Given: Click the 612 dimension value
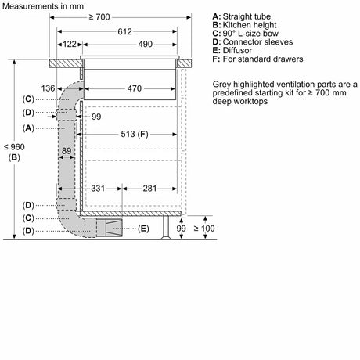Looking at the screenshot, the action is [x=124, y=31].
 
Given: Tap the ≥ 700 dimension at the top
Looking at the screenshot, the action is [x=99, y=17].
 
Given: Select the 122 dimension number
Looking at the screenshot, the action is [x=70, y=44].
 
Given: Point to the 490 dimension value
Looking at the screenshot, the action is [x=145, y=44].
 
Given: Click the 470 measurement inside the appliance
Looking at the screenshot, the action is [x=135, y=88].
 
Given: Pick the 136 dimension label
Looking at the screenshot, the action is [x=48, y=88].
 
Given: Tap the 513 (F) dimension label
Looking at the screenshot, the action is [x=135, y=134].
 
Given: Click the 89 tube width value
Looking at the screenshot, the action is [x=67, y=151].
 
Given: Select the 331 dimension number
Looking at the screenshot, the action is [x=98, y=189].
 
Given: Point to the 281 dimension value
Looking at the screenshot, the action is [x=149, y=189].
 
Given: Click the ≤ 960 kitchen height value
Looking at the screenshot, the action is [x=14, y=147].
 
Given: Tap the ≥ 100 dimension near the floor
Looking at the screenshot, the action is [x=204, y=229].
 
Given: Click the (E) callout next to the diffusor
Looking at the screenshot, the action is [x=143, y=229].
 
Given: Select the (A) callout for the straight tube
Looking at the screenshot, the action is [x=28, y=128].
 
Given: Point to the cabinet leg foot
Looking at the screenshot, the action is [x=166, y=237].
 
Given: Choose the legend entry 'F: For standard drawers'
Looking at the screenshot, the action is [x=257, y=59].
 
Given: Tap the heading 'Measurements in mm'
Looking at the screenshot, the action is [x=43, y=6].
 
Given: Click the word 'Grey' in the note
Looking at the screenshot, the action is [x=221, y=85].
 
